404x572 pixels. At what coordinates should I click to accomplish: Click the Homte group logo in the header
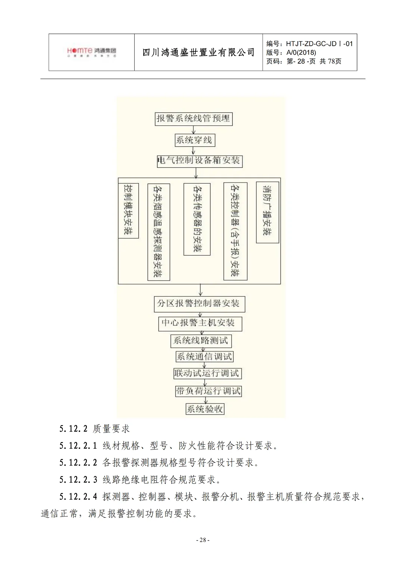click(92, 52)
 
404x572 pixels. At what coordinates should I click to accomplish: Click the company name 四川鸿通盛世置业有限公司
click(198, 52)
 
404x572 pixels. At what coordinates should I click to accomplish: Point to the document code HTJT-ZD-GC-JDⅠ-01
click(319, 44)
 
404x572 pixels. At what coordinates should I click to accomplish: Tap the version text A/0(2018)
click(301, 53)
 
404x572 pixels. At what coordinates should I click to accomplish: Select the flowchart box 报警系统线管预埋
click(193, 119)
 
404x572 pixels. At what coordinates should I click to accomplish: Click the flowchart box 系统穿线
click(194, 140)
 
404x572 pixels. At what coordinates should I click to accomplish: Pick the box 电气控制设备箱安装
click(199, 161)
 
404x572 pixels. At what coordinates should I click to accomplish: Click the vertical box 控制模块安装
click(128, 210)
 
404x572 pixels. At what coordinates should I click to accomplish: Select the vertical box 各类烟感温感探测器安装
click(158, 231)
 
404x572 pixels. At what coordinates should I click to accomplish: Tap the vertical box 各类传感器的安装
click(197, 219)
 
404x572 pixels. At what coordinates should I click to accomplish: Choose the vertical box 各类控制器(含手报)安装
click(235, 231)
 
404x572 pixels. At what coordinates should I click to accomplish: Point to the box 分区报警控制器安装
click(199, 304)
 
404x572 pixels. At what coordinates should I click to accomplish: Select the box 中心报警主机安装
click(200, 323)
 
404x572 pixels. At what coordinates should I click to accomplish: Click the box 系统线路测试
click(201, 341)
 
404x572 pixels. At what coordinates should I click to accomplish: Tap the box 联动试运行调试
click(207, 373)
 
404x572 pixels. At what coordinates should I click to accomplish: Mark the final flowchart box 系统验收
click(205, 409)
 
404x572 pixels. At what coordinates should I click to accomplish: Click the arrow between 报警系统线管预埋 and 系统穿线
click(193, 130)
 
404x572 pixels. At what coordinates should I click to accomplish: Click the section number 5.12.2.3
click(78, 479)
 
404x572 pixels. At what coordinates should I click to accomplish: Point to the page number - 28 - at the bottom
click(202, 540)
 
